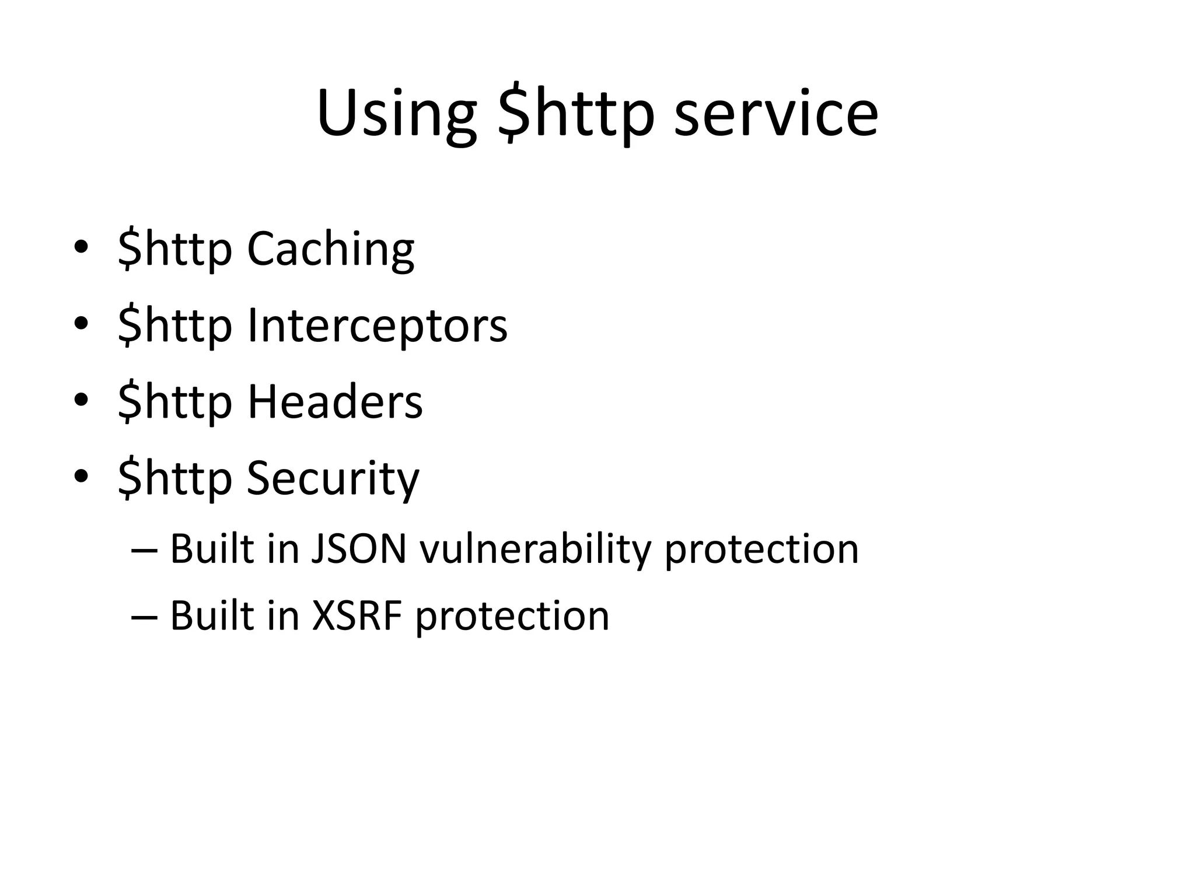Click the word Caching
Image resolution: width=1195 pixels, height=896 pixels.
(330, 249)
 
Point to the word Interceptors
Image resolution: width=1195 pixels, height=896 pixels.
(377, 325)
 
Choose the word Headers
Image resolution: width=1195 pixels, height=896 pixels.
(335, 402)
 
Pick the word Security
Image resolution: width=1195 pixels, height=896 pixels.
(333, 478)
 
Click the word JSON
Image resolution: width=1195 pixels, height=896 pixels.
(358, 549)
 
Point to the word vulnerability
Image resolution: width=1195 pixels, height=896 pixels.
(535, 549)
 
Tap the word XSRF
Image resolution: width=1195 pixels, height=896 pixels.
(357, 616)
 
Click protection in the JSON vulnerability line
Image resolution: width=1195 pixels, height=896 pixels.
(761, 549)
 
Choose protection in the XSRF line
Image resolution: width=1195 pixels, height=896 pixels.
(512, 616)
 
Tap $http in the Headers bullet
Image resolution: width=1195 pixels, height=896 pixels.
(175, 402)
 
